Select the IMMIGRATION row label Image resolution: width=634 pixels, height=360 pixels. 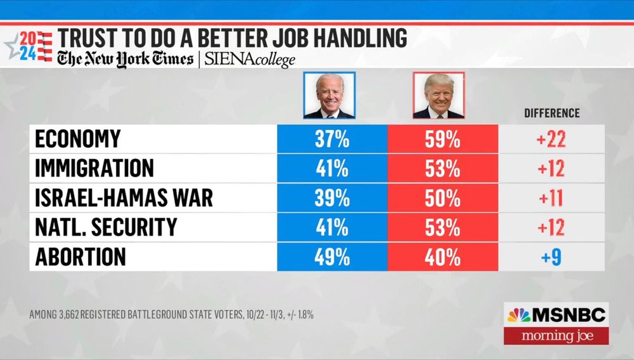(94, 169)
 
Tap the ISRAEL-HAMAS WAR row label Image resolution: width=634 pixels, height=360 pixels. (124, 198)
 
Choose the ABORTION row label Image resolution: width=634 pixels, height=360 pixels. (81, 257)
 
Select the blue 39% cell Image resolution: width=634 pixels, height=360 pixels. (332, 198)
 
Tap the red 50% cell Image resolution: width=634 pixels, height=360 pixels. (443, 198)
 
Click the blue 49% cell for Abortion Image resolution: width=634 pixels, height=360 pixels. (332, 257)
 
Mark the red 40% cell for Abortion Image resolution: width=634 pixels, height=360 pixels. (443, 257)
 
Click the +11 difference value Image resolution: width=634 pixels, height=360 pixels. (551, 198)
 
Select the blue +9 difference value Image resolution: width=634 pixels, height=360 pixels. (551, 257)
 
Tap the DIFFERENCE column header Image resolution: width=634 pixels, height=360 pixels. (552, 113)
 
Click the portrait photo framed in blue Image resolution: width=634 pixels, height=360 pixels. (330, 95)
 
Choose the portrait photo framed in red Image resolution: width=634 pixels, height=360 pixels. (439, 95)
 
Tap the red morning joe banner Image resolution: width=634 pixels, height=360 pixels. (556, 335)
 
